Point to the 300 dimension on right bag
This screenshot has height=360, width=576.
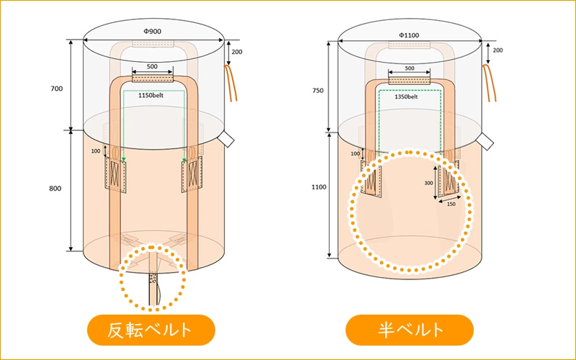coord(429,183)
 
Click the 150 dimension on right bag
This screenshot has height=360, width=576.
coord(451,205)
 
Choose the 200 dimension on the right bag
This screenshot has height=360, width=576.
coord(498,50)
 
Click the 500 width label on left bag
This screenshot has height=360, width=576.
coord(152,66)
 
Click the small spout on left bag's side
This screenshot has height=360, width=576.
coord(227,137)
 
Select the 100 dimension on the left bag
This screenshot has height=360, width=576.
coord(96,151)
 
